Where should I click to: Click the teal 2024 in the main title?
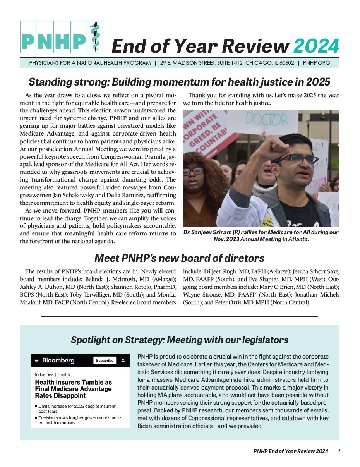point(316,46)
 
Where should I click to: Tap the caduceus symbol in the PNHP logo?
point(94,37)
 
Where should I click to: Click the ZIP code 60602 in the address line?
point(286,63)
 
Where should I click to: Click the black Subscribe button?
point(105,360)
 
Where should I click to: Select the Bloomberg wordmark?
point(58,360)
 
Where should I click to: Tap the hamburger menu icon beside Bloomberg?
point(37,360)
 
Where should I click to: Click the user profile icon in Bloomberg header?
point(123,360)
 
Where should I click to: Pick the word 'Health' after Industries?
point(64,374)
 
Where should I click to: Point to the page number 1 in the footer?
point(339,451)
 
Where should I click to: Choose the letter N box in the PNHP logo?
point(45,37)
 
